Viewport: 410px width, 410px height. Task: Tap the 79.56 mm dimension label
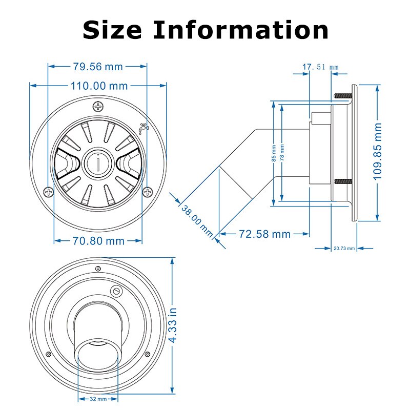pyautogui.click(x=97, y=66)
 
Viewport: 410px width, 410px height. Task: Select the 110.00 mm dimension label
pyautogui.click(x=99, y=86)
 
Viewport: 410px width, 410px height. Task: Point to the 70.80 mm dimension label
pyautogui.click(x=98, y=240)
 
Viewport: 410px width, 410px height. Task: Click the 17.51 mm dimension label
pyautogui.click(x=321, y=67)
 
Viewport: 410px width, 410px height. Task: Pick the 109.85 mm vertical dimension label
pyautogui.click(x=378, y=151)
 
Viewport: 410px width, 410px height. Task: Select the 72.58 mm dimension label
pyautogui.click(x=265, y=234)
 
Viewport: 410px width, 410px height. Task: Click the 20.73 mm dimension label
pyautogui.click(x=344, y=249)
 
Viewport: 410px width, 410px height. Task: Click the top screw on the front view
pyautogui.click(x=98, y=107)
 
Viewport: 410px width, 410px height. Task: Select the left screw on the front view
pyautogui.click(x=49, y=192)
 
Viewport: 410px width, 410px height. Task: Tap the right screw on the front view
pyautogui.click(x=148, y=192)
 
